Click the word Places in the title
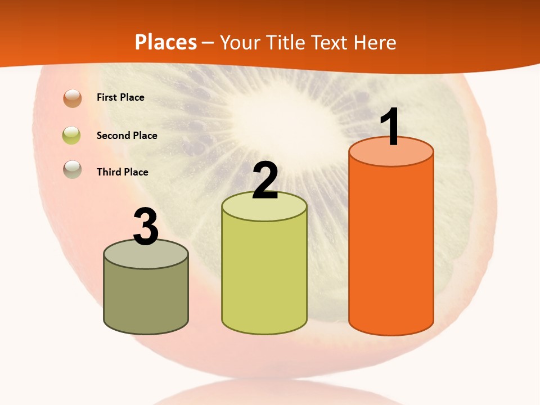tap(165, 42)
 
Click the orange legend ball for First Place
tap(73, 98)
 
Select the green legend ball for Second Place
tap(71, 135)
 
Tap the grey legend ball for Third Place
tap(73, 169)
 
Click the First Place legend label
tap(120, 97)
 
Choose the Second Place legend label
tap(127, 136)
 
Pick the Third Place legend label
tap(122, 172)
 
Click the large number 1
tap(391, 127)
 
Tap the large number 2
tap(265, 181)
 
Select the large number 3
tap(146, 227)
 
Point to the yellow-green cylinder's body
tap(264, 276)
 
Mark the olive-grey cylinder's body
tap(146, 298)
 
